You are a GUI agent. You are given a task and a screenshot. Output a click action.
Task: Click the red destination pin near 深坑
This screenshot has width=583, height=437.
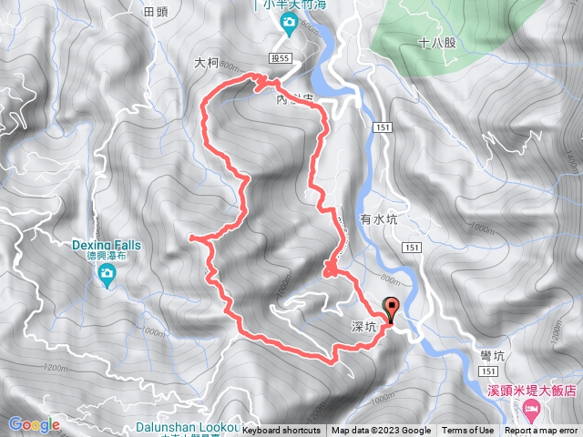click(x=393, y=309)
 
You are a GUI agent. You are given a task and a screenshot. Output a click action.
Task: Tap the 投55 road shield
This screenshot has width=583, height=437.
click(x=280, y=57)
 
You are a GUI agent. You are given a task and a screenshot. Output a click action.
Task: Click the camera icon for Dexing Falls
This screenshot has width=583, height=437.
click(x=107, y=273)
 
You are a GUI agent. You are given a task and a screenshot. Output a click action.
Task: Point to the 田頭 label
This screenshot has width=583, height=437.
click(x=157, y=12)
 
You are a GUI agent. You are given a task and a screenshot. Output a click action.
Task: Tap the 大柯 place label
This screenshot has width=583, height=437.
click(x=208, y=65)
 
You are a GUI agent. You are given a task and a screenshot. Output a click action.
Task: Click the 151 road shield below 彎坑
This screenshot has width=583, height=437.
click(x=489, y=371)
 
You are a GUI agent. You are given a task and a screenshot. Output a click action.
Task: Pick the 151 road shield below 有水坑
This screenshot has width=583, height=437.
click(x=413, y=247)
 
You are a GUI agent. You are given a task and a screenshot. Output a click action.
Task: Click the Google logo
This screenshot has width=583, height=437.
click(x=35, y=424)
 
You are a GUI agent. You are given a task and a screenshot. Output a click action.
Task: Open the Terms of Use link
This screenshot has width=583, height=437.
click(x=467, y=431)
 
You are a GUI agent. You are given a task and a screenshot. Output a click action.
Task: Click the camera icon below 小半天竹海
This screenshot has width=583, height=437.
click(x=289, y=23)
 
